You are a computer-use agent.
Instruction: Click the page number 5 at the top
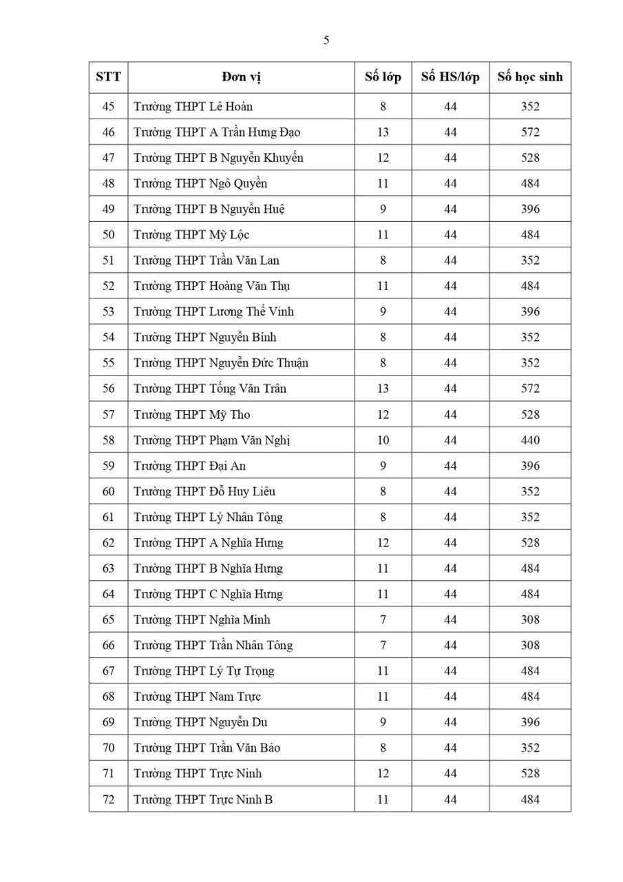coord(326,41)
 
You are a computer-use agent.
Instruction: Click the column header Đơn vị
coord(241,76)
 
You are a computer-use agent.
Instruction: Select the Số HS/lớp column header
coord(450,76)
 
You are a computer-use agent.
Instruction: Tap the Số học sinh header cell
coord(530,76)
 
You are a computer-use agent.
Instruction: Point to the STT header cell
coord(108,76)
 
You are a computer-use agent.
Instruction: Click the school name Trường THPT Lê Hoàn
coord(193,107)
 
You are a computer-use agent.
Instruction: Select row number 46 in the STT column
coord(108,132)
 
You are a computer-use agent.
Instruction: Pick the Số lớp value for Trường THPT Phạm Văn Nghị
coord(383,440)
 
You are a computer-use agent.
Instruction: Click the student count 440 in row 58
coord(530,440)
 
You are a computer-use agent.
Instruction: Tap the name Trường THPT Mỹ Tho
coord(191,415)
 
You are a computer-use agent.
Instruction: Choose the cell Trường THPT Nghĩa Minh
coord(202,620)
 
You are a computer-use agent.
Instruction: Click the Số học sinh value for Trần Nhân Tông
coord(530,646)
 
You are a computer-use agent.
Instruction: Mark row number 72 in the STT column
coord(108,800)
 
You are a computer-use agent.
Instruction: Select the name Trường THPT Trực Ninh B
coord(203,800)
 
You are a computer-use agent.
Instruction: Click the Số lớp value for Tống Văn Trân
coord(383,389)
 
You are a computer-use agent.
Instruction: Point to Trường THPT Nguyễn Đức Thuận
coord(220,363)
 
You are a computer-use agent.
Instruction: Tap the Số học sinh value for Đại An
coord(530,466)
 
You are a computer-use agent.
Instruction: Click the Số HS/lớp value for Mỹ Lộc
coord(450,235)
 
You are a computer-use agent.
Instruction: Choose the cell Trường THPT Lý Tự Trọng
coord(204,671)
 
